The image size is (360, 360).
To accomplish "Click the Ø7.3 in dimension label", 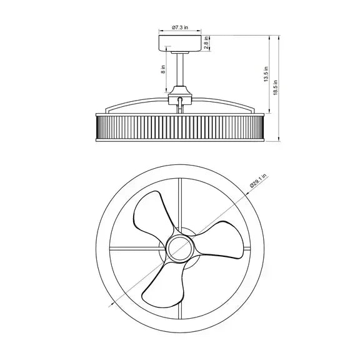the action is pyautogui.click(x=180, y=27).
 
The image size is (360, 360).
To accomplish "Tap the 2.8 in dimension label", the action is pyautogui.click(x=206, y=42).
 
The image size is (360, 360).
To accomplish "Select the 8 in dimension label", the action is pyautogui.click(x=163, y=69).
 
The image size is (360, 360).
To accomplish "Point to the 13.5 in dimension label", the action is pyautogui.click(x=266, y=74).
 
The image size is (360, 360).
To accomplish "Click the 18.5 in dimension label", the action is pyautogui.click(x=276, y=87).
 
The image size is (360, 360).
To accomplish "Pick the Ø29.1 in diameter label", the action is pyautogui.click(x=258, y=181).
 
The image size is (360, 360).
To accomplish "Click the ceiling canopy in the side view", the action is pyautogui.click(x=180, y=43).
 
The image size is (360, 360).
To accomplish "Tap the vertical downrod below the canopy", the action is pyautogui.click(x=180, y=70).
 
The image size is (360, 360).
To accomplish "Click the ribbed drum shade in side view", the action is pyautogui.click(x=180, y=127).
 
